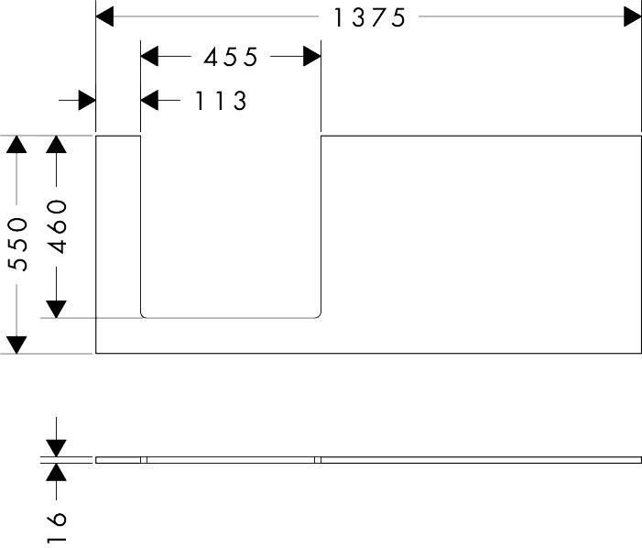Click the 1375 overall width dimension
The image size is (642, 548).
click(369, 17)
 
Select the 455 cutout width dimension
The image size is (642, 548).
click(231, 57)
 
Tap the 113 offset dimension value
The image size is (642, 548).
click(221, 101)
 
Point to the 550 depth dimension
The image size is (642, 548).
click(18, 244)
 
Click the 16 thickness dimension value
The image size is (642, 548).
click(57, 527)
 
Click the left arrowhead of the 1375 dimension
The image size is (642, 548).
click(104, 16)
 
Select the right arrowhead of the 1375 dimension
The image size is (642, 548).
click(633, 16)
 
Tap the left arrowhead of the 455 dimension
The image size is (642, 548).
click(149, 56)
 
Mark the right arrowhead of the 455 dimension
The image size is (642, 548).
click(312, 56)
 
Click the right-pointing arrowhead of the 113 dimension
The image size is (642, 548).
click(87, 100)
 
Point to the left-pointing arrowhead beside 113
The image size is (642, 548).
click(149, 100)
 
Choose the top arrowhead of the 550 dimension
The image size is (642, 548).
click(16, 145)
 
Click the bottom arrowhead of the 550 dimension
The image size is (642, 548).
click(16, 345)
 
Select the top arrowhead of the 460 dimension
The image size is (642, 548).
click(56, 145)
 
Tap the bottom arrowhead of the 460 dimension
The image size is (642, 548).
click(56, 309)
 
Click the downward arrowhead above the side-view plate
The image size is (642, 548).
click(56, 448)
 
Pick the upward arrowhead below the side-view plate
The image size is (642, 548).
click(56, 472)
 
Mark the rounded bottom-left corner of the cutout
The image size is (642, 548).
click(143, 316)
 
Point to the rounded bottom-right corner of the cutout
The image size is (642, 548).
click(319, 316)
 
